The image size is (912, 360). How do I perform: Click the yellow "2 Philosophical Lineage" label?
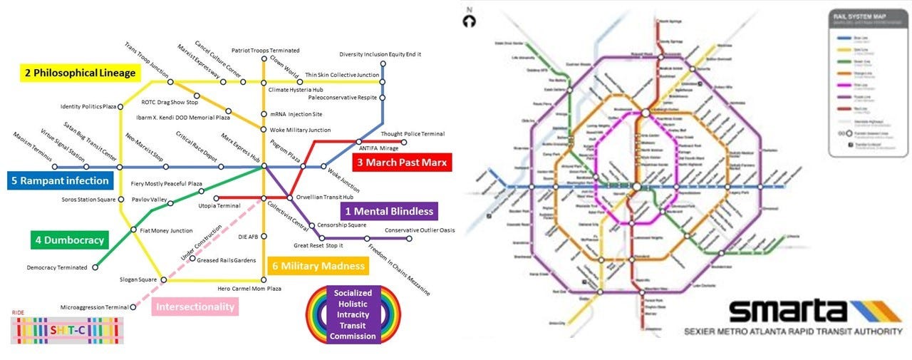[79, 73]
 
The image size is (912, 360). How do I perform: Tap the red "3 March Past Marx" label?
[402, 163]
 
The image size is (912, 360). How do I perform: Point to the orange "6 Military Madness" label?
[318, 267]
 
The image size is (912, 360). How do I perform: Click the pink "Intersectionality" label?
[195, 307]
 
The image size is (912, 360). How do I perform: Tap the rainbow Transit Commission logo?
[353, 314]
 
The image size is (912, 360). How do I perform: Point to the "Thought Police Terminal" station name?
[413, 134]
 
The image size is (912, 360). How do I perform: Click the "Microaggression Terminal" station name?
[94, 307]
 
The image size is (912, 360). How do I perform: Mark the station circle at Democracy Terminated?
[95, 268]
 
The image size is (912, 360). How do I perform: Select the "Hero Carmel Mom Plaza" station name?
[249, 289]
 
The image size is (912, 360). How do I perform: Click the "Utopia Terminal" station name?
[219, 206]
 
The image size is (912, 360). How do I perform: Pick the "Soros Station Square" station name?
[88, 199]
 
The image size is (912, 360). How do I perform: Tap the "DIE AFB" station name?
[247, 237]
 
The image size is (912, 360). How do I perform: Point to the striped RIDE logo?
[68, 329]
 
